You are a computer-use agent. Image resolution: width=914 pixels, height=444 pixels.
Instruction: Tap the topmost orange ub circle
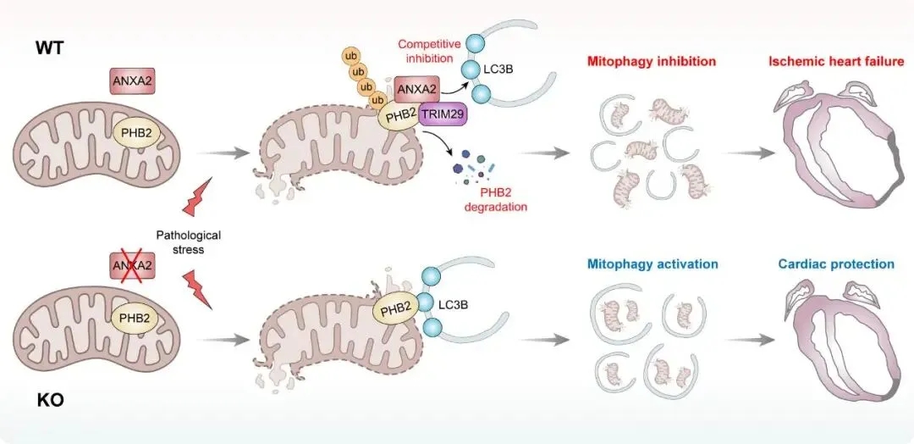350,57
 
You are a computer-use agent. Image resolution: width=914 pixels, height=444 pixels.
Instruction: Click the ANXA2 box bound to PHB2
416,88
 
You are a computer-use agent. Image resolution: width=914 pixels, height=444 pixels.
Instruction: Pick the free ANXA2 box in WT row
133,81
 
